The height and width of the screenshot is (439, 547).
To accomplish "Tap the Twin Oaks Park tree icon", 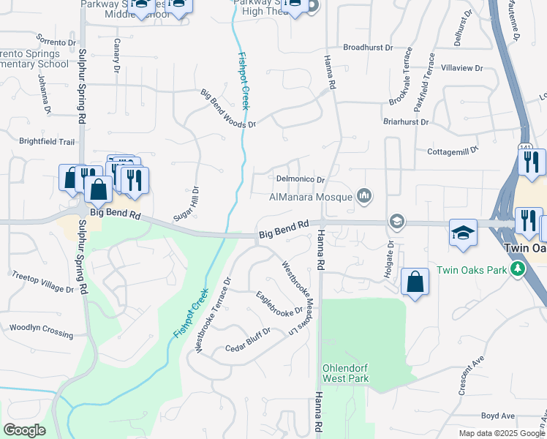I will pos(518,269).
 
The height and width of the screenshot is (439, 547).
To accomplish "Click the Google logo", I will pos(25,430).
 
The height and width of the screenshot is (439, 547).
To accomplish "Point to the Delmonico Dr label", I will pos(300,179).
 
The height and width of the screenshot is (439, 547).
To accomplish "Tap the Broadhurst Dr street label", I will pos(368,47).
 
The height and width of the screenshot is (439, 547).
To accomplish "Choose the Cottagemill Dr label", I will pos(452,150).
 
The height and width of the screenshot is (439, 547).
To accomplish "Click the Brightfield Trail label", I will pos(47,141).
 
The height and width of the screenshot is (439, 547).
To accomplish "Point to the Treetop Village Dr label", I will pos(43,282).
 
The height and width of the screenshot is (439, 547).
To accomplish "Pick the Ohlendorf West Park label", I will pos(346,373).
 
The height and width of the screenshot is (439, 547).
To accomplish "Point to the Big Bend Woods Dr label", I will pos(228,108).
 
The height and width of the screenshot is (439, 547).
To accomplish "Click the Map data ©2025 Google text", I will pos(501,432).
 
